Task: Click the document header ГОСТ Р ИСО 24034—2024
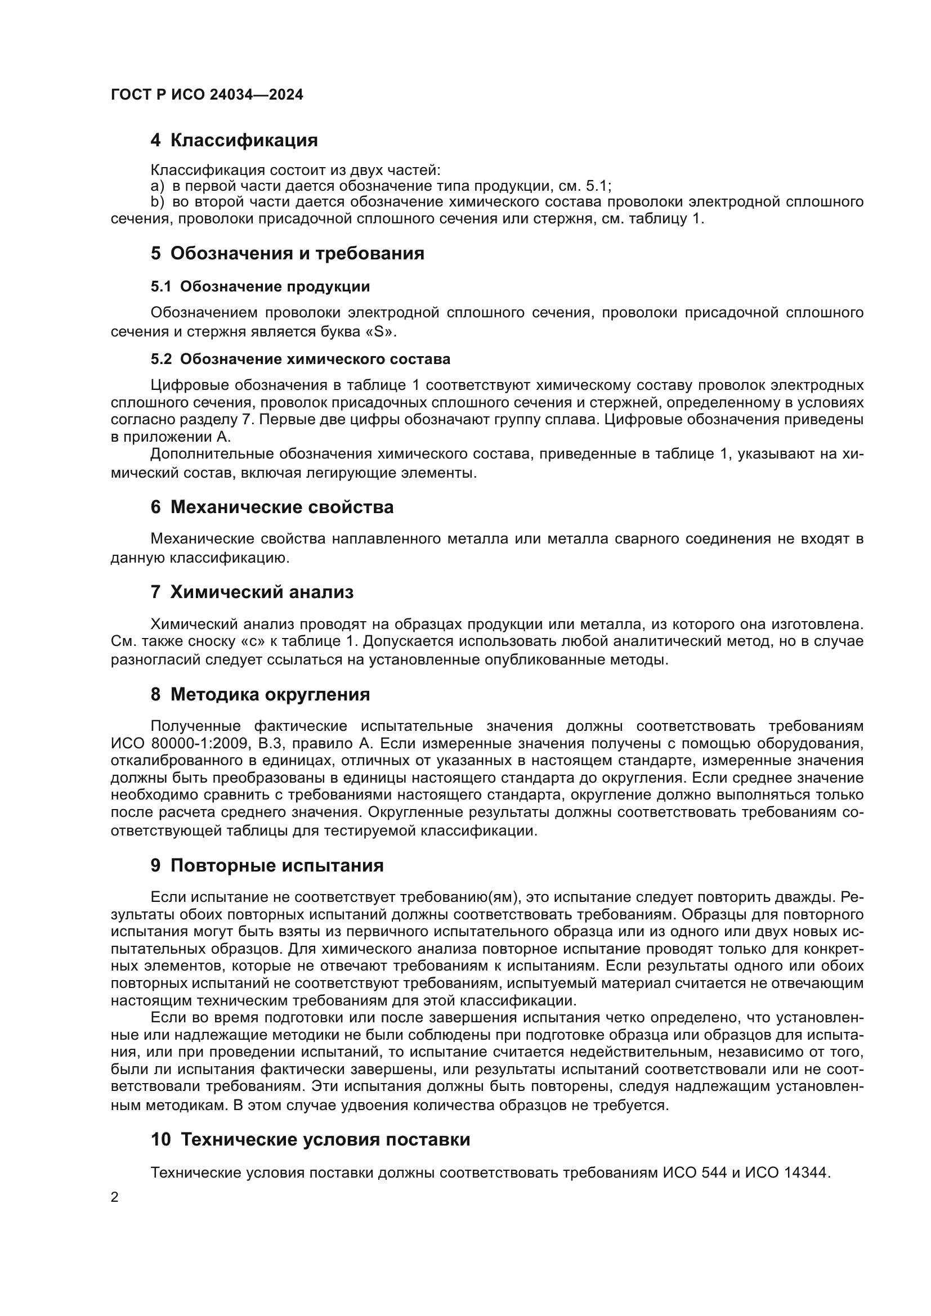[x=207, y=95]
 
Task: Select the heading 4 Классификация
[x=234, y=141]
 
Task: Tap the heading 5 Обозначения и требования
[x=287, y=253]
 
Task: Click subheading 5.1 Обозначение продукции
[x=259, y=286]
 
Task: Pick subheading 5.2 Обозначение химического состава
[x=301, y=360]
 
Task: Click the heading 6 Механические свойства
[x=272, y=507]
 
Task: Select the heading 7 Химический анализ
[x=252, y=592]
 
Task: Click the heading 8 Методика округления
[x=259, y=695]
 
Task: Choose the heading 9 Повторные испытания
[x=267, y=865]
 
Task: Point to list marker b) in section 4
[x=157, y=202]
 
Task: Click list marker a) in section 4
[x=157, y=186]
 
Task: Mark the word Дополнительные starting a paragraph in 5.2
[x=212, y=454]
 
